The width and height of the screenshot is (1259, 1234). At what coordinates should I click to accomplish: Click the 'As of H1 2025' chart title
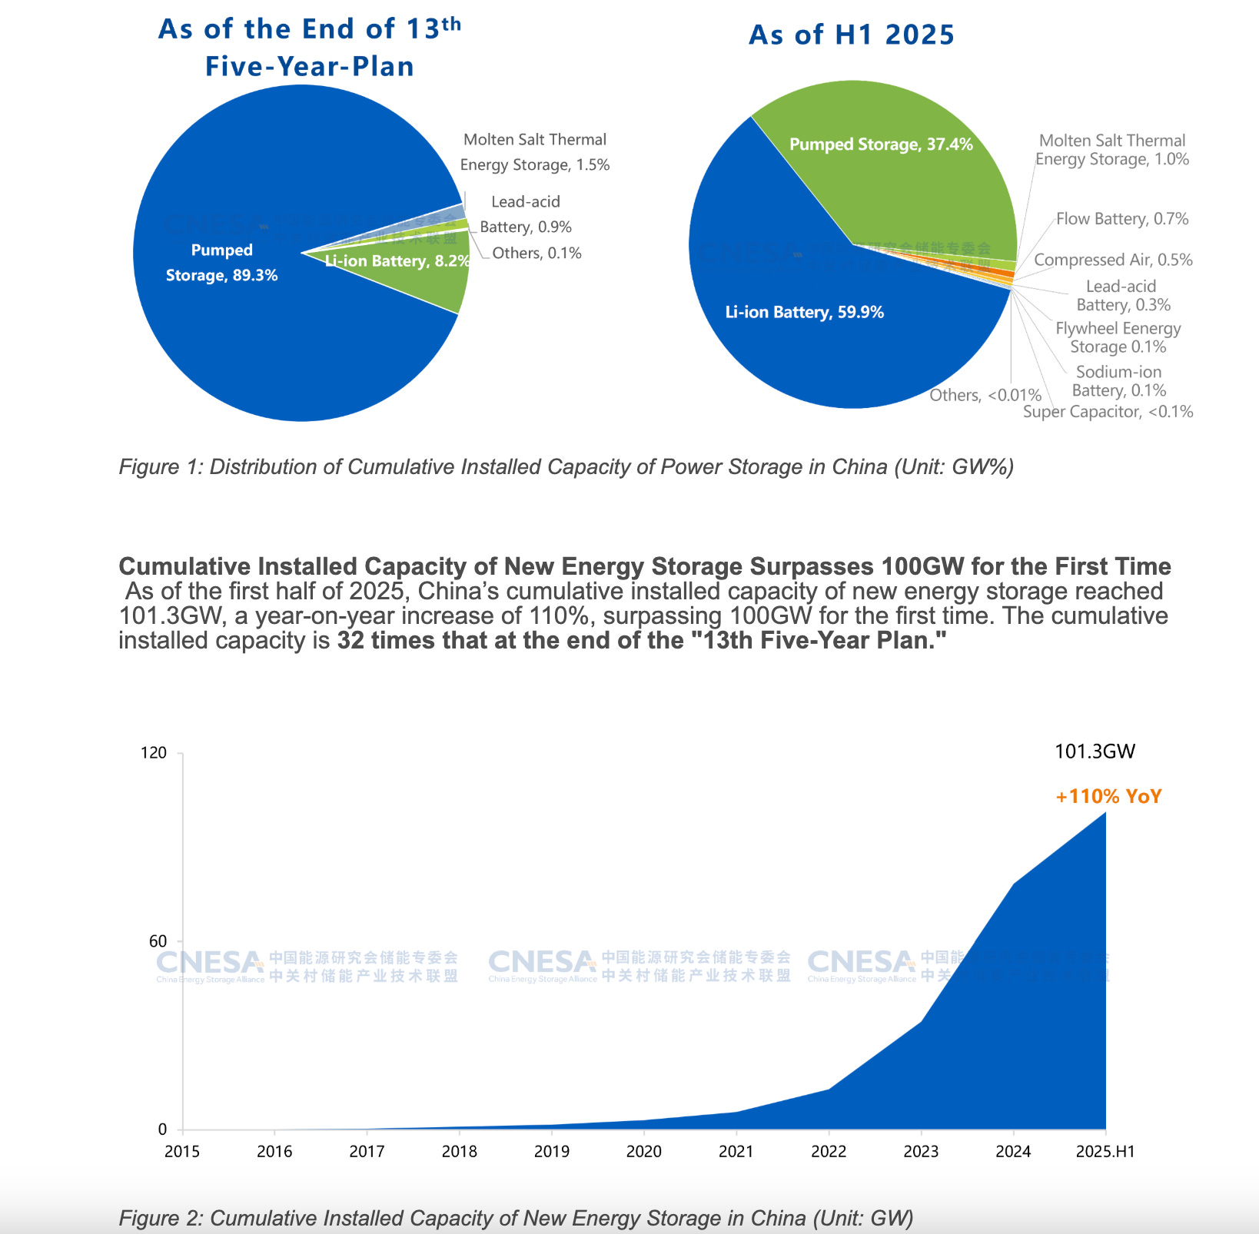851,35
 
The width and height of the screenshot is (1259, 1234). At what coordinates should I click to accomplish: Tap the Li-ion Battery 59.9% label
804,313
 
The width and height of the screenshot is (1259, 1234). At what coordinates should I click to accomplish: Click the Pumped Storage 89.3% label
221,263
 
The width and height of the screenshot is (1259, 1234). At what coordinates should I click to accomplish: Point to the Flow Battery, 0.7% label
1121,220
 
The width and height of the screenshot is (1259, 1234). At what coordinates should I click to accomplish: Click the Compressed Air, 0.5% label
1113,260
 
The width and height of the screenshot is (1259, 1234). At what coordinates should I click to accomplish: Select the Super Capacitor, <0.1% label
1108,413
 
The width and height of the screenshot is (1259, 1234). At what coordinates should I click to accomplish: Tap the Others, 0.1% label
536,254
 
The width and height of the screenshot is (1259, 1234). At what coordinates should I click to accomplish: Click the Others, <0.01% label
985,396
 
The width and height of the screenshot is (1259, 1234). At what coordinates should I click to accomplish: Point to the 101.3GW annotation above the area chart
1095,751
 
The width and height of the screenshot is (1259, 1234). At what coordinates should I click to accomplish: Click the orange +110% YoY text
1108,797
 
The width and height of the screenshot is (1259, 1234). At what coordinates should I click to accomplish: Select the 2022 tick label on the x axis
829,1152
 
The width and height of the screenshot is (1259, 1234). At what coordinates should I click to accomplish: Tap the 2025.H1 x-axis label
1105,1152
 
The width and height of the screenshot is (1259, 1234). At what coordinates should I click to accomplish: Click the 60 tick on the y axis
158,942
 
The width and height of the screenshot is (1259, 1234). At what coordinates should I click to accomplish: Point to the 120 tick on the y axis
154,753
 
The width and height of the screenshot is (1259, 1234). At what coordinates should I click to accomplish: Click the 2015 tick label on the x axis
182,1152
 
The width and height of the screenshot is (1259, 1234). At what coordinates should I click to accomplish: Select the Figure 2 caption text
516,1219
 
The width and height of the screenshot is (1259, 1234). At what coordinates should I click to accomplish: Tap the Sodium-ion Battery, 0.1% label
1118,382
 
